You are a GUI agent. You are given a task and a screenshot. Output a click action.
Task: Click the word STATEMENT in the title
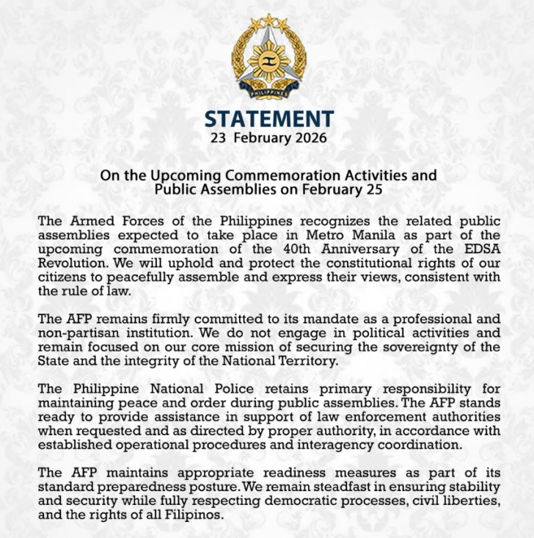[268, 120]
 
